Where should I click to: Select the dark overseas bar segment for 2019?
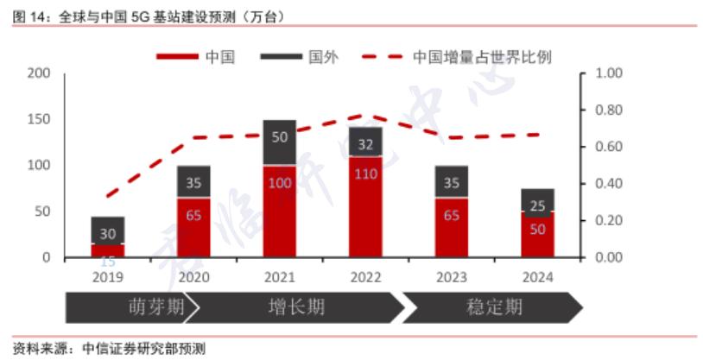pyautogui.click(x=108, y=230)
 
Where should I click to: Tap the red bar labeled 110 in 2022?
pyautogui.click(x=365, y=207)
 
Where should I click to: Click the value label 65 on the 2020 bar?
pyautogui.click(x=194, y=215)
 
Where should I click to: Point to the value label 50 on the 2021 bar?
pyautogui.click(x=280, y=136)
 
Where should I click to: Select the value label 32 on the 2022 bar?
pyautogui.click(x=365, y=143)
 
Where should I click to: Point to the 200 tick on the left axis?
pyautogui.click(x=39, y=73)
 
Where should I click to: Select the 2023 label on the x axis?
pyautogui.click(x=451, y=277)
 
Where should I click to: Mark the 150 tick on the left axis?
pyautogui.click(x=39, y=119)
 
